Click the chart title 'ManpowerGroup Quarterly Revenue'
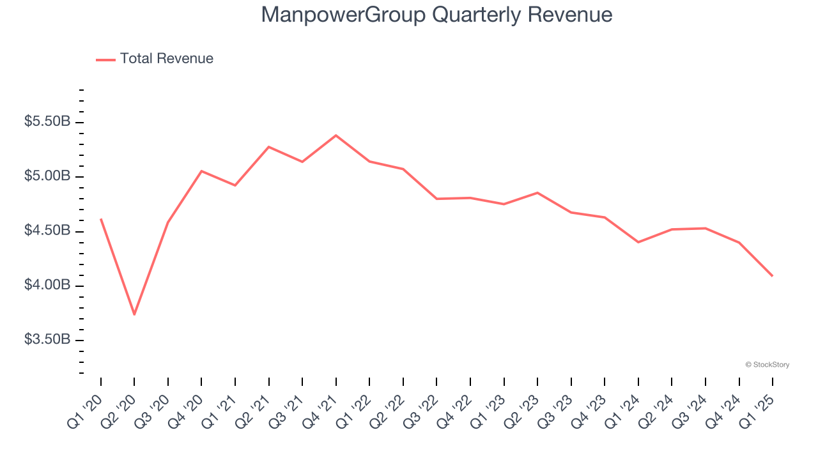(x=436, y=15)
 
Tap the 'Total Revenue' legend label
(x=166, y=59)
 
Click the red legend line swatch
(x=105, y=59)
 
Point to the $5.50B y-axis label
(x=47, y=121)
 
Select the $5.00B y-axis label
(x=47, y=176)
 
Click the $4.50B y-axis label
(x=47, y=230)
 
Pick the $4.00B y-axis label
(x=47, y=285)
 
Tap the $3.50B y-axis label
(x=47, y=339)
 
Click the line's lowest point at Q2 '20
(x=134, y=314)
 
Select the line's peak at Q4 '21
(x=336, y=135)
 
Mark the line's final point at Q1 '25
(x=773, y=276)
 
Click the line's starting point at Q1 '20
(x=101, y=219)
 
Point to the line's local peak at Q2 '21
(x=269, y=147)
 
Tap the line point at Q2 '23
(x=537, y=192)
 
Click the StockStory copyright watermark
(x=767, y=365)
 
